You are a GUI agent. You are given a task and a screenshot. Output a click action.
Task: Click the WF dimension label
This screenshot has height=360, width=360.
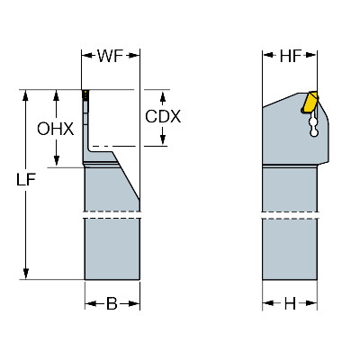pos(110,56)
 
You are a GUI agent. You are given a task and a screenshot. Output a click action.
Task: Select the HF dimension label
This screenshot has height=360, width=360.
pos(290,56)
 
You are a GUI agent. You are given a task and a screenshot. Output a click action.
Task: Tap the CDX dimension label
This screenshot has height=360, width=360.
pos(163,116)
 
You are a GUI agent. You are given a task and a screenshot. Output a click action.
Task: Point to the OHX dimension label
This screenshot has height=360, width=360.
pos(56,129)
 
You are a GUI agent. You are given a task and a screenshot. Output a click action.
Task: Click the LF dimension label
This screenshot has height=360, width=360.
pos(26,180)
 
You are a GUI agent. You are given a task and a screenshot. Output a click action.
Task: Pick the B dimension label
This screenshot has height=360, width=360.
pos(112,304)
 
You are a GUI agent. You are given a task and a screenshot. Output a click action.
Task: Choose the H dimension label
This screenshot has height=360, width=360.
pos(290,304)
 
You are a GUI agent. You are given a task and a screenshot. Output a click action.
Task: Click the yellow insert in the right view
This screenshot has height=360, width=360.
pos(310,103)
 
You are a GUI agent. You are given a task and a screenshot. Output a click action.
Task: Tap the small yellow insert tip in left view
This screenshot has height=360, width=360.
pos(85,94)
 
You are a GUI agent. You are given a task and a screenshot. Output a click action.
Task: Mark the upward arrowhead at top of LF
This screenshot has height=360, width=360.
pos(26,95)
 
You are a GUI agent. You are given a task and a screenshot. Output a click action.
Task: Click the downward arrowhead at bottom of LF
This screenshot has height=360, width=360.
pos(26,274)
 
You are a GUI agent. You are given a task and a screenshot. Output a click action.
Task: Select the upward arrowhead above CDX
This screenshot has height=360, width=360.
pos(163,97)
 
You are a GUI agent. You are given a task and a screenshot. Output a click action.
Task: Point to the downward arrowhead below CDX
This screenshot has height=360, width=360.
pos(163,139)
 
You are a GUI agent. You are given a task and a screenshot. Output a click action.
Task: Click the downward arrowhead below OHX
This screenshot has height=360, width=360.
pos(56,161)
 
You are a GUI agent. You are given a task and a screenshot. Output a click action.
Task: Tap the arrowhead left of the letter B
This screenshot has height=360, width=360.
pos(91,304)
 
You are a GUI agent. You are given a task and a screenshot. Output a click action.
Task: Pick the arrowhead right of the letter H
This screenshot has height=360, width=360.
pos(311,303)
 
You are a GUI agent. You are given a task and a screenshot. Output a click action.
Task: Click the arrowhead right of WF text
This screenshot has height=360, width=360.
pos(134,56)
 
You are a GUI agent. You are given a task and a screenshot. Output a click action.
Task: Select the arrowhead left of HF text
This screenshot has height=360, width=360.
pos(268,55)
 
